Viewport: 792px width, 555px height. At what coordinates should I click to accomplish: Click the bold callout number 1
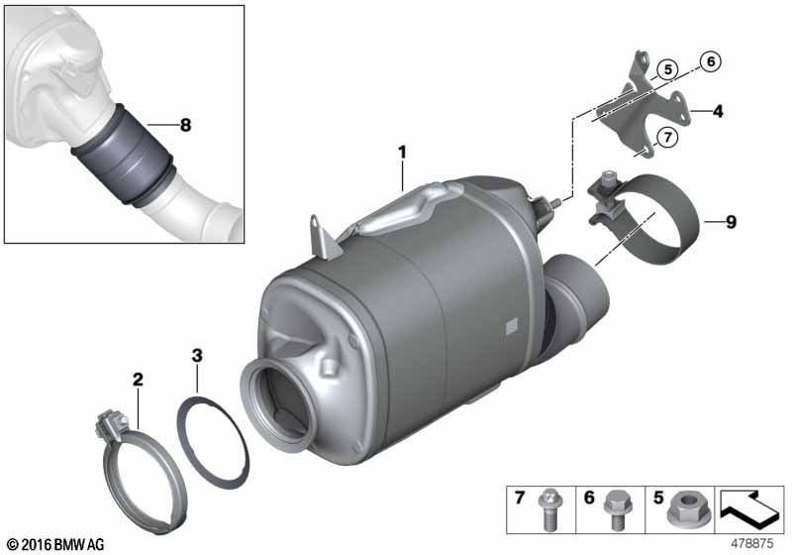[x=402, y=152]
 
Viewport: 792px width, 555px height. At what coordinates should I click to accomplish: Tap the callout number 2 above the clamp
[x=138, y=380]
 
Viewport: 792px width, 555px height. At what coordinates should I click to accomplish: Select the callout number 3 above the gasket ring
[x=197, y=356]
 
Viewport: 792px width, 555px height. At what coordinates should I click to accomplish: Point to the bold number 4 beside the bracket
[x=718, y=111]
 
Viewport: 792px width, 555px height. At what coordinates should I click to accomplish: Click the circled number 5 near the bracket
[x=667, y=69]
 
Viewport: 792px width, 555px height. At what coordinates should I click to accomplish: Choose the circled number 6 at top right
[x=711, y=61]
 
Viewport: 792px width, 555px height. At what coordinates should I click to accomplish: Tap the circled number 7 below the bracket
[x=667, y=137]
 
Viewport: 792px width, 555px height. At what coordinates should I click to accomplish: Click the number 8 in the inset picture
[x=185, y=124]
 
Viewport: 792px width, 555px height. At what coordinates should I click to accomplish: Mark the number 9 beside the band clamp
[x=731, y=222]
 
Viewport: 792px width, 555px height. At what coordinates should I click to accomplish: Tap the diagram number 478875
[x=752, y=544]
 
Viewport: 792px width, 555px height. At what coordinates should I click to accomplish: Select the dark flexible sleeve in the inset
[x=124, y=156]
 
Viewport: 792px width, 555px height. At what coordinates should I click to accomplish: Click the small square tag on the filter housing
[x=512, y=326]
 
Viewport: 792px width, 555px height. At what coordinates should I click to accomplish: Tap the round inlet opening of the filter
[x=279, y=405]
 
